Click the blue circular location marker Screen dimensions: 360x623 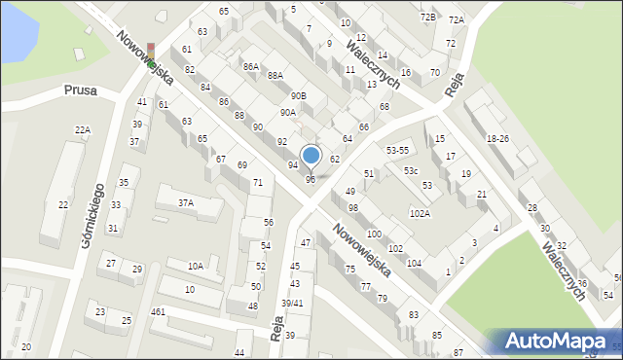pyautogui.click(x=311, y=155)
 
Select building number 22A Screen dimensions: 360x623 pyautogui.click(x=83, y=129)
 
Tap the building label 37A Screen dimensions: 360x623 pyautogui.click(x=185, y=203)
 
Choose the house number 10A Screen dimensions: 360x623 pyautogui.click(x=196, y=266)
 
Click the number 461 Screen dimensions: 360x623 pyautogui.click(x=158, y=312)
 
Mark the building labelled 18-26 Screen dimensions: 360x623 pyautogui.click(x=497, y=139)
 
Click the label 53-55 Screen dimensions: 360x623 pyautogui.click(x=397, y=151)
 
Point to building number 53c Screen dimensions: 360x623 pyautogui.click(x=412, y=171)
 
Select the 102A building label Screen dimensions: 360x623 pyautogui.click(x=420, y=213)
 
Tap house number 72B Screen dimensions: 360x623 pyautogui.click(x=428, y=18)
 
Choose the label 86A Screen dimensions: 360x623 pyautogui.click(x=251, y=66)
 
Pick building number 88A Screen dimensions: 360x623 pyautogui.click(x=275, y=75)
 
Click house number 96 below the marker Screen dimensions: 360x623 pyautogui.click(x=311, y=179)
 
